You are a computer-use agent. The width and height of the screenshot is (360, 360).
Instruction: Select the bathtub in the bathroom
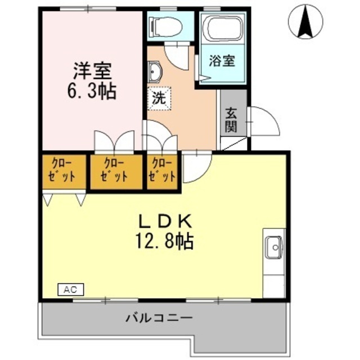pyautogui.click(x=223, y=28)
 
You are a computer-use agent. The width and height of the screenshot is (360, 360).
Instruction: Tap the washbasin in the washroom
pyautogui.click(x=156, y=72)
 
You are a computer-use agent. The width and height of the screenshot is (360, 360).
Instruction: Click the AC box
pyautogui.click(x=70, y=290)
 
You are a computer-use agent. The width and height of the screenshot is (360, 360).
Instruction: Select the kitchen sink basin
pyautogui.click(x=274, y=246)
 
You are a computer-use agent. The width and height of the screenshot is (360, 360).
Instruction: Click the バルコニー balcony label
pyautogui.click(x=159, y=318)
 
